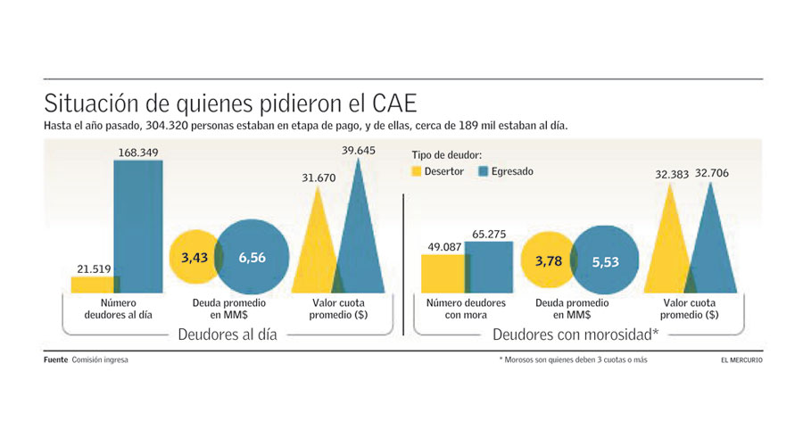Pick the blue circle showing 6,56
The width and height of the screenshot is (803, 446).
(x=252, y=258)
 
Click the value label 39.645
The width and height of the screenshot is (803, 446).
(x=360, y=151)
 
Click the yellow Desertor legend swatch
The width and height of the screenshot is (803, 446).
(x=417, y=171)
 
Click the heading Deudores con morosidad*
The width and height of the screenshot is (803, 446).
(x=575, y=334)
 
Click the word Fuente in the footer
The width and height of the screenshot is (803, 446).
(x=55, y=360)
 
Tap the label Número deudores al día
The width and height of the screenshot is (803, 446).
(x=112, y=310)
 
